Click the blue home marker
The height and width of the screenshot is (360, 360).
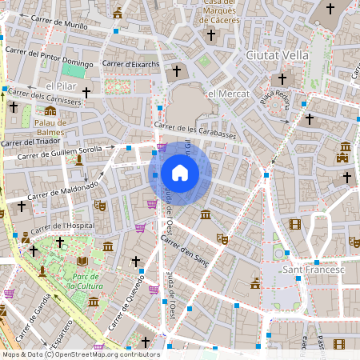click(180, 173)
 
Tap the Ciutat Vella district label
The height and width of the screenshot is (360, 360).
click(277, 54)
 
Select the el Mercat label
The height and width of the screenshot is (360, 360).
click(223, 94)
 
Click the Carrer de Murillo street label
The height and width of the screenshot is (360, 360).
click(58, 26)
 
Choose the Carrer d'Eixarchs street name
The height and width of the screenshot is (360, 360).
click(131, 63)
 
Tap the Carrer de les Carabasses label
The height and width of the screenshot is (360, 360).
click(195, 130)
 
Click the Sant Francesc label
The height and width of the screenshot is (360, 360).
click(314, 270)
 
